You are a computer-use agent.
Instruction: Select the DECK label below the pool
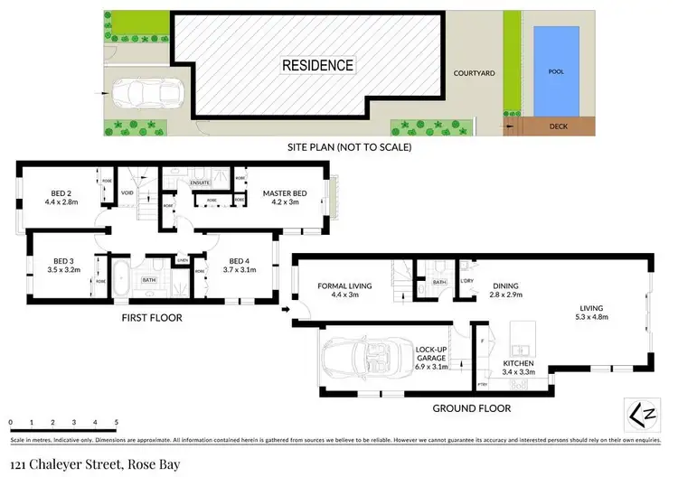559,127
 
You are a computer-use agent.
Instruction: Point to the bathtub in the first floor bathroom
120,268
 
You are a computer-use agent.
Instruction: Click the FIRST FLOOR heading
152,318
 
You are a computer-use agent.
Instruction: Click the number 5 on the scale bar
117,423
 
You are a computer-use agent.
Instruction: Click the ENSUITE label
201,182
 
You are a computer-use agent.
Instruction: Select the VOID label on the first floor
127,191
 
